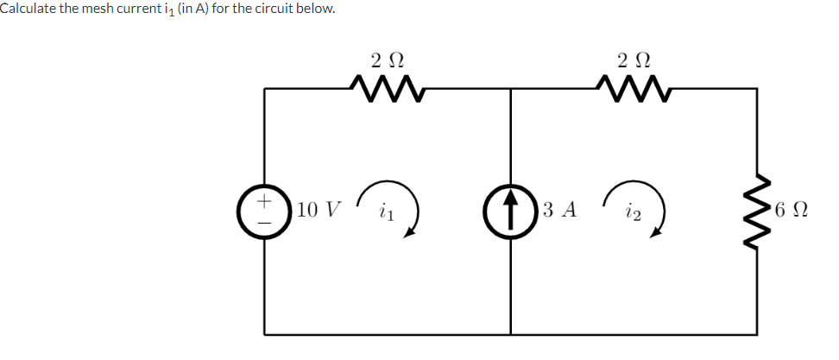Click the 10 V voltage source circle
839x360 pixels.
266,210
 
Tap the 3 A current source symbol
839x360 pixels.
510,210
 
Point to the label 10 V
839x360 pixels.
318,210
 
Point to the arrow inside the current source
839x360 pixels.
510,210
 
